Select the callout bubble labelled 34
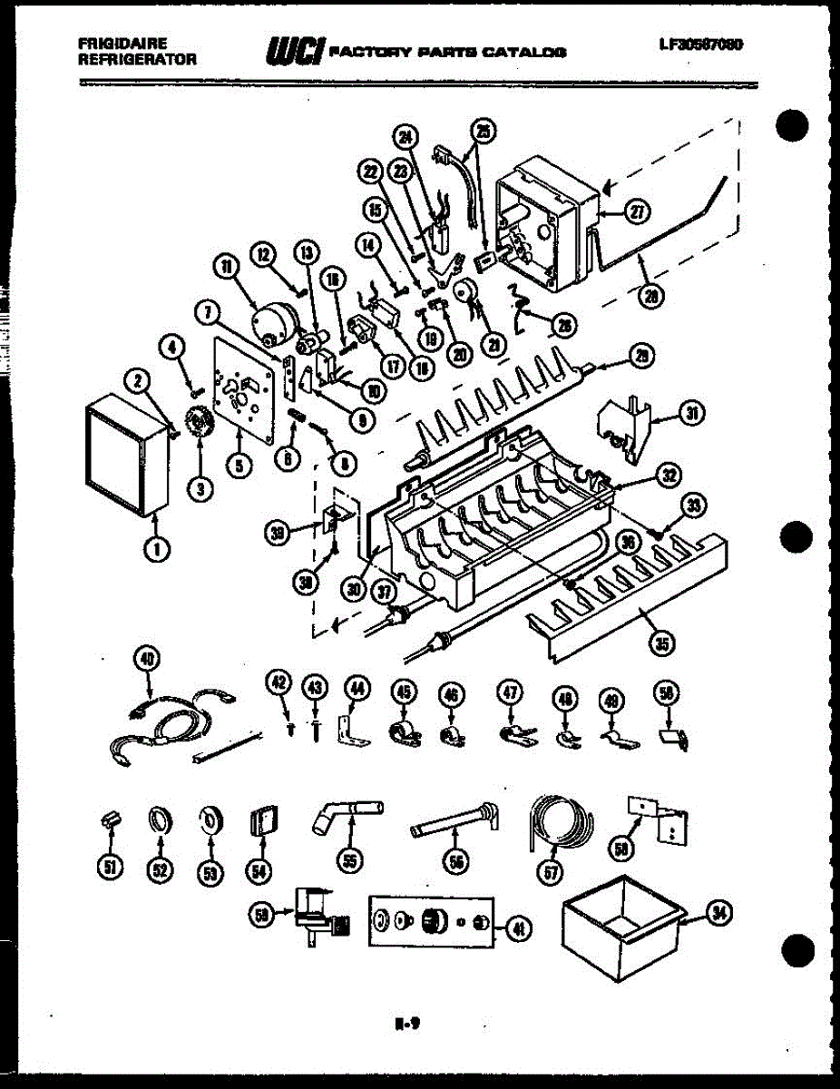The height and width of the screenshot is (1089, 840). (720, 915)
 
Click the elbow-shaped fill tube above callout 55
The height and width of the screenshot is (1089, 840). (349, 813)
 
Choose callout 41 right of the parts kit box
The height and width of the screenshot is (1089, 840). (518, 927)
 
